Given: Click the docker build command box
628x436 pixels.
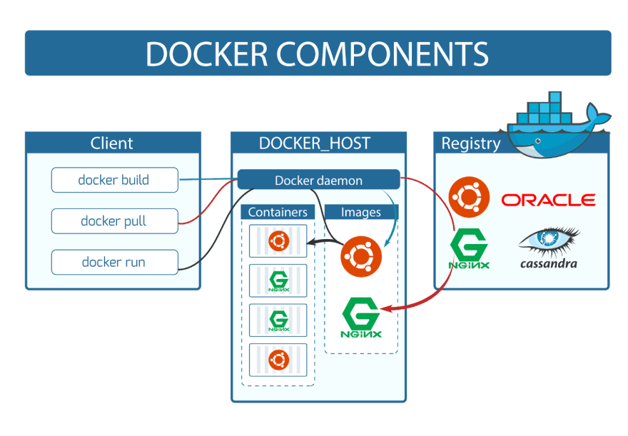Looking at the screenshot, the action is click(x=115, y=180).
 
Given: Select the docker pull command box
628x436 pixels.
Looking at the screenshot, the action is click(x=115, y=221).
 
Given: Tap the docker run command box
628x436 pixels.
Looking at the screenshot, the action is click(x=115, y=262).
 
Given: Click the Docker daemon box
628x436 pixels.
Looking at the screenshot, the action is click(x=319, y=180).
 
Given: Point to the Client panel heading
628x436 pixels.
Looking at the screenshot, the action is click(x=112, y=143).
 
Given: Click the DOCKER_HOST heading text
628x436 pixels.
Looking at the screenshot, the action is click(x=315, y=143).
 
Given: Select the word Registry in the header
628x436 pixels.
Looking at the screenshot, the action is click(x=471, y=143).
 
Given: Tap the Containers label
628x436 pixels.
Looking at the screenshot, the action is click(x=278, y=212).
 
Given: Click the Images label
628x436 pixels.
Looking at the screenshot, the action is click(x=361, y=212).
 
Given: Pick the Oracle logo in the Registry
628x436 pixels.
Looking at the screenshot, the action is click(x=548, y=200).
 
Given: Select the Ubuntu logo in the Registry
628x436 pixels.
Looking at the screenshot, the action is click(x=469, y=197).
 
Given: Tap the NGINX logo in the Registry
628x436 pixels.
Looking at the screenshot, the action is click(x=469, y=248).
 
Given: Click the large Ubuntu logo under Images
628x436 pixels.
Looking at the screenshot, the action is click(x=361, y=256).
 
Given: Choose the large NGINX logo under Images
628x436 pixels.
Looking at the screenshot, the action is click(x=361, y=318).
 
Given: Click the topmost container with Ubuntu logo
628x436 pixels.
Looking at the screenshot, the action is click(x=278, y=241).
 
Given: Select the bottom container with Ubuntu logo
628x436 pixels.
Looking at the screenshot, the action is click(x=278, y=360).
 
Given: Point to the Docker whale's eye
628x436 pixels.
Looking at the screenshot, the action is click(x=538, y=141).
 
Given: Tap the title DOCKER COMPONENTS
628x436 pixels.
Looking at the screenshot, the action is click(x=317, y=54).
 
